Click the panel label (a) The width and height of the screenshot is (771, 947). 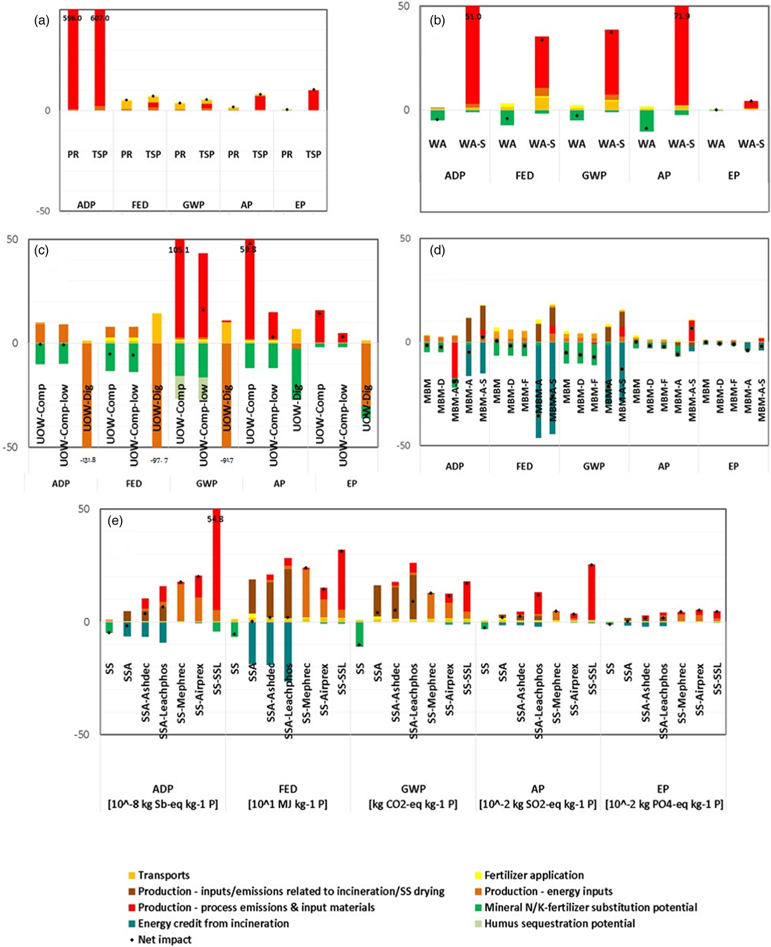click(x=42, y=21)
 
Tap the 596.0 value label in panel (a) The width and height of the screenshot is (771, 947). click(x=72, y=18)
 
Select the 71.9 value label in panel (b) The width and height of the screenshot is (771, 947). click(x=681, y=17)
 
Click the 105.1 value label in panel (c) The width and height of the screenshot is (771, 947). click(x=179, y=250)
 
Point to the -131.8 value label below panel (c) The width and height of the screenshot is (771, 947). click(x=88, y=460)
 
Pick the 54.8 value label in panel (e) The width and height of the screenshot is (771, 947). click(x=215, y=519)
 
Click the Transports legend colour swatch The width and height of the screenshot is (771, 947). click(x=132, y=875)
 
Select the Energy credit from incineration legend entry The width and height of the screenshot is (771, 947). click(x=213, y=923)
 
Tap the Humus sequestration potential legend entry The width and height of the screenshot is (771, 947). click(x=560, y=923)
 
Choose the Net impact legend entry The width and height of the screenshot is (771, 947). click(x=164, y=939)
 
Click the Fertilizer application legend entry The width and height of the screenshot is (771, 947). click(x=534, y=875)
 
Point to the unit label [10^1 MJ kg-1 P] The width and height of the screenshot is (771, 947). click(x=287, y=804)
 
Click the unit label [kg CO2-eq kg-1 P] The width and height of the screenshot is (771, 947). click(x=413, y=804)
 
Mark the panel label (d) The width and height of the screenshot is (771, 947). click(x=437, y=251)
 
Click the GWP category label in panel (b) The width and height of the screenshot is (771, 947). click(x=594, y=176)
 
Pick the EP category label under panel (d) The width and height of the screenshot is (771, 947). click(x=733, y=466)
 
